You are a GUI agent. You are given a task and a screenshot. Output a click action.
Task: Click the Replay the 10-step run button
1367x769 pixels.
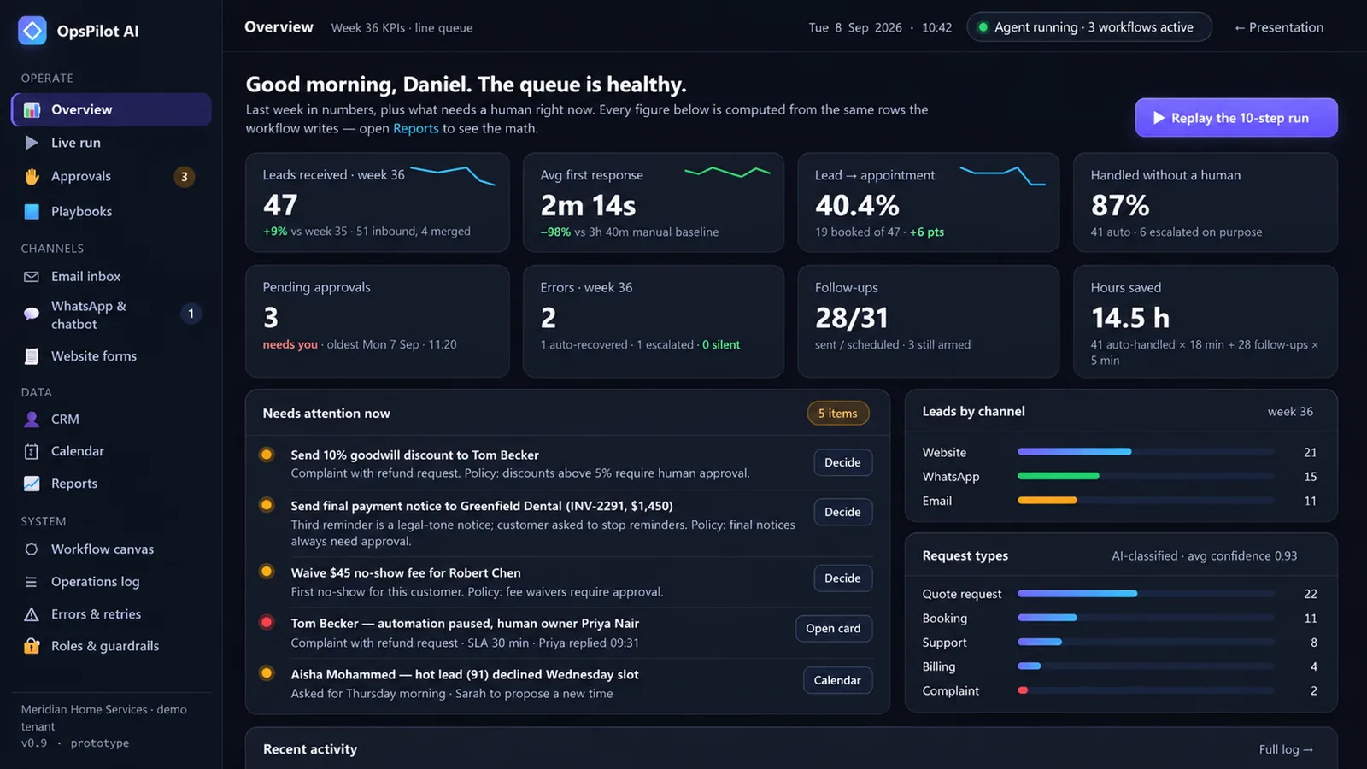pos(1235,118)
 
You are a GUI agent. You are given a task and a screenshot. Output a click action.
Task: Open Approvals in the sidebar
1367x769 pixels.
pos(81,176)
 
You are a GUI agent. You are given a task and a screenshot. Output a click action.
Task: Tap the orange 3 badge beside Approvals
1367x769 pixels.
pos(185,176)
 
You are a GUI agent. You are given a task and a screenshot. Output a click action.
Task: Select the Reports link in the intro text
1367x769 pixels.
pos(415,128)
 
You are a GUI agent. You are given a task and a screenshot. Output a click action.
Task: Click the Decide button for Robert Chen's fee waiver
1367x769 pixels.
pos(842,578)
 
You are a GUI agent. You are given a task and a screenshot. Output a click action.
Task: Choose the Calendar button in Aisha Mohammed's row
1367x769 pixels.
pos(837,680)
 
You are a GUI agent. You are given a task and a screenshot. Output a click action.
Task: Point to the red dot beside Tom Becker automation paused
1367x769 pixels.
pos(267,623)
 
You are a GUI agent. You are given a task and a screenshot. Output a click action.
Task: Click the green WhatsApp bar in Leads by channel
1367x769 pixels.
pos(1059,476)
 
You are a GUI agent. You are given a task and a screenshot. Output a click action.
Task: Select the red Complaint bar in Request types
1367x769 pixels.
pos(1023,690)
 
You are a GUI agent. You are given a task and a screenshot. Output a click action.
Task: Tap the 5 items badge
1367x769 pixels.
pos(838,414)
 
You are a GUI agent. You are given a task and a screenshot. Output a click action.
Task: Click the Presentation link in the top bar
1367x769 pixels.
pos(1279,27)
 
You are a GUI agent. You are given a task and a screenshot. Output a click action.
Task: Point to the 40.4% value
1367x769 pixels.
pos(857,205)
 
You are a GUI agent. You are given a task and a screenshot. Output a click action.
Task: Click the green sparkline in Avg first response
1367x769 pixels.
pos(727,172)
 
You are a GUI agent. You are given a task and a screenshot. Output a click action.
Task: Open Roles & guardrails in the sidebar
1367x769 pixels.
pos(105,646)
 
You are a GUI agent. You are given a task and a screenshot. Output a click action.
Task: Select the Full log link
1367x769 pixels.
pos(1286,748)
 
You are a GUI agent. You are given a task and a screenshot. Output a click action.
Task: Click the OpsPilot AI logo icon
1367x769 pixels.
pos(32,31)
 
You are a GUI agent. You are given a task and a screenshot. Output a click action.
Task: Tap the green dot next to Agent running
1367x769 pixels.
pos(983,27)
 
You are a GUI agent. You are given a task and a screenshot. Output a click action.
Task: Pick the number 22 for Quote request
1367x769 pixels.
pos(1311,594)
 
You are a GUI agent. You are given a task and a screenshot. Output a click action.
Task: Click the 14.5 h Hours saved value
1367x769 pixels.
pos(1130,317)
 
